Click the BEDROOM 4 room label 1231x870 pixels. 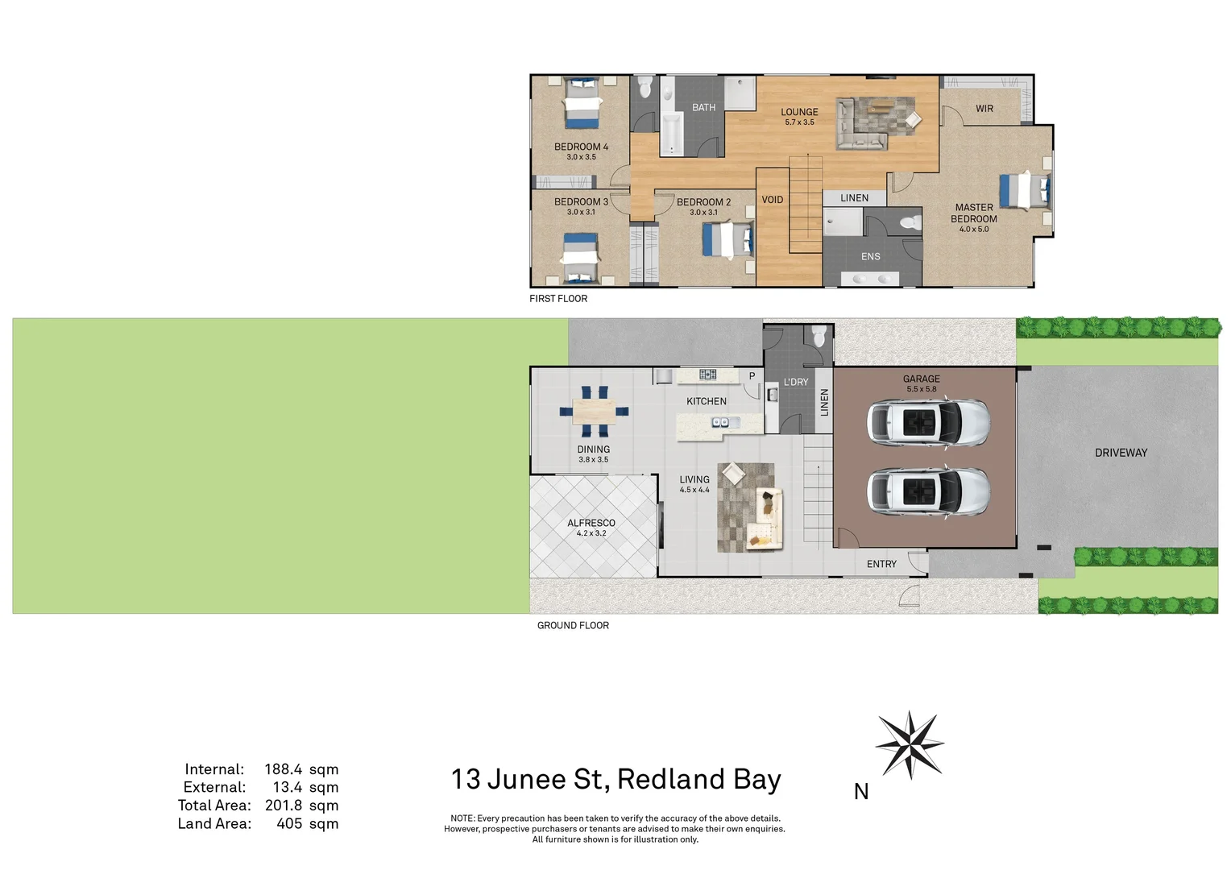point(581,147)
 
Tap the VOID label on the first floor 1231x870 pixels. point(773,200)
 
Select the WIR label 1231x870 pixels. point(984,109)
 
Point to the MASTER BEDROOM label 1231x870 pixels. point(974,213)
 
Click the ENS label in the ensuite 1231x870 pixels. point(871,257)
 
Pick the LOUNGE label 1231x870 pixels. point(799,113)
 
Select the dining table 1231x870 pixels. point(595,412)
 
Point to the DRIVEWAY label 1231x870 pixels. point(1121,453)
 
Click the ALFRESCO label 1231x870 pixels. point(591,524)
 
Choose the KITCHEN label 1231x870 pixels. point(707,401)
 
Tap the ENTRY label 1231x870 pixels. point(881,564)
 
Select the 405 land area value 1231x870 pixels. point(289,823)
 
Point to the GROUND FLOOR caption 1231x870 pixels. point(573,625)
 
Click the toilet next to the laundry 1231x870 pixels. point(819,336)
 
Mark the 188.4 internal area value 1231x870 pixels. point(284,769)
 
